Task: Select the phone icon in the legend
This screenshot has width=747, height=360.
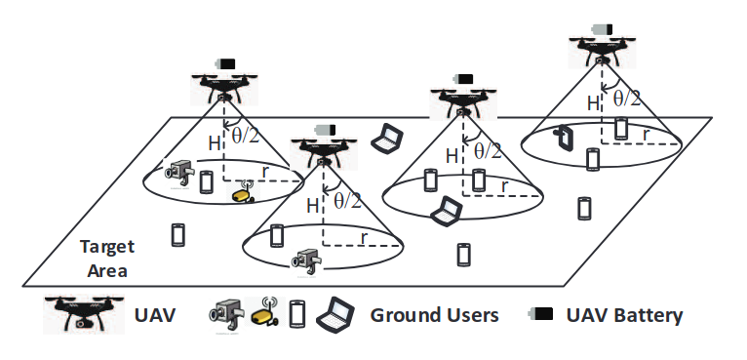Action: (296, 314)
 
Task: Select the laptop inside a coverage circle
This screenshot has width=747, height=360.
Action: (448, 210)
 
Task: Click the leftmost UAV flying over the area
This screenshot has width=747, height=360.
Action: (225, 85)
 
